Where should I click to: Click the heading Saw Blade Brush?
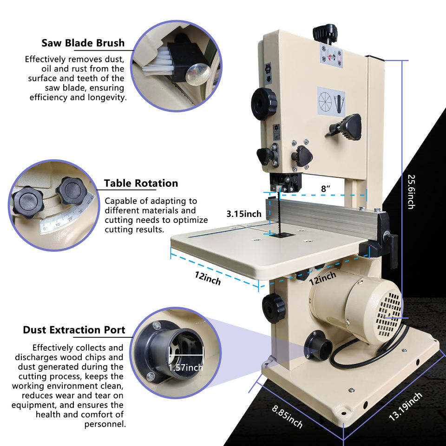(83, 43)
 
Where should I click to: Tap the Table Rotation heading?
(141, 183)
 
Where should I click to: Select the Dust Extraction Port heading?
(74, 330)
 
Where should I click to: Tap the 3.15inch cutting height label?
(244, 214)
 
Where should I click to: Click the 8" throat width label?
(326, 188)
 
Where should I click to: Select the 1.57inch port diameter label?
(185, 368)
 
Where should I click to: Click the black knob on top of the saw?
(325, 33)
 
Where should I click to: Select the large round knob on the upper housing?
(264, 99)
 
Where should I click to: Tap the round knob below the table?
(273, 308)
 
